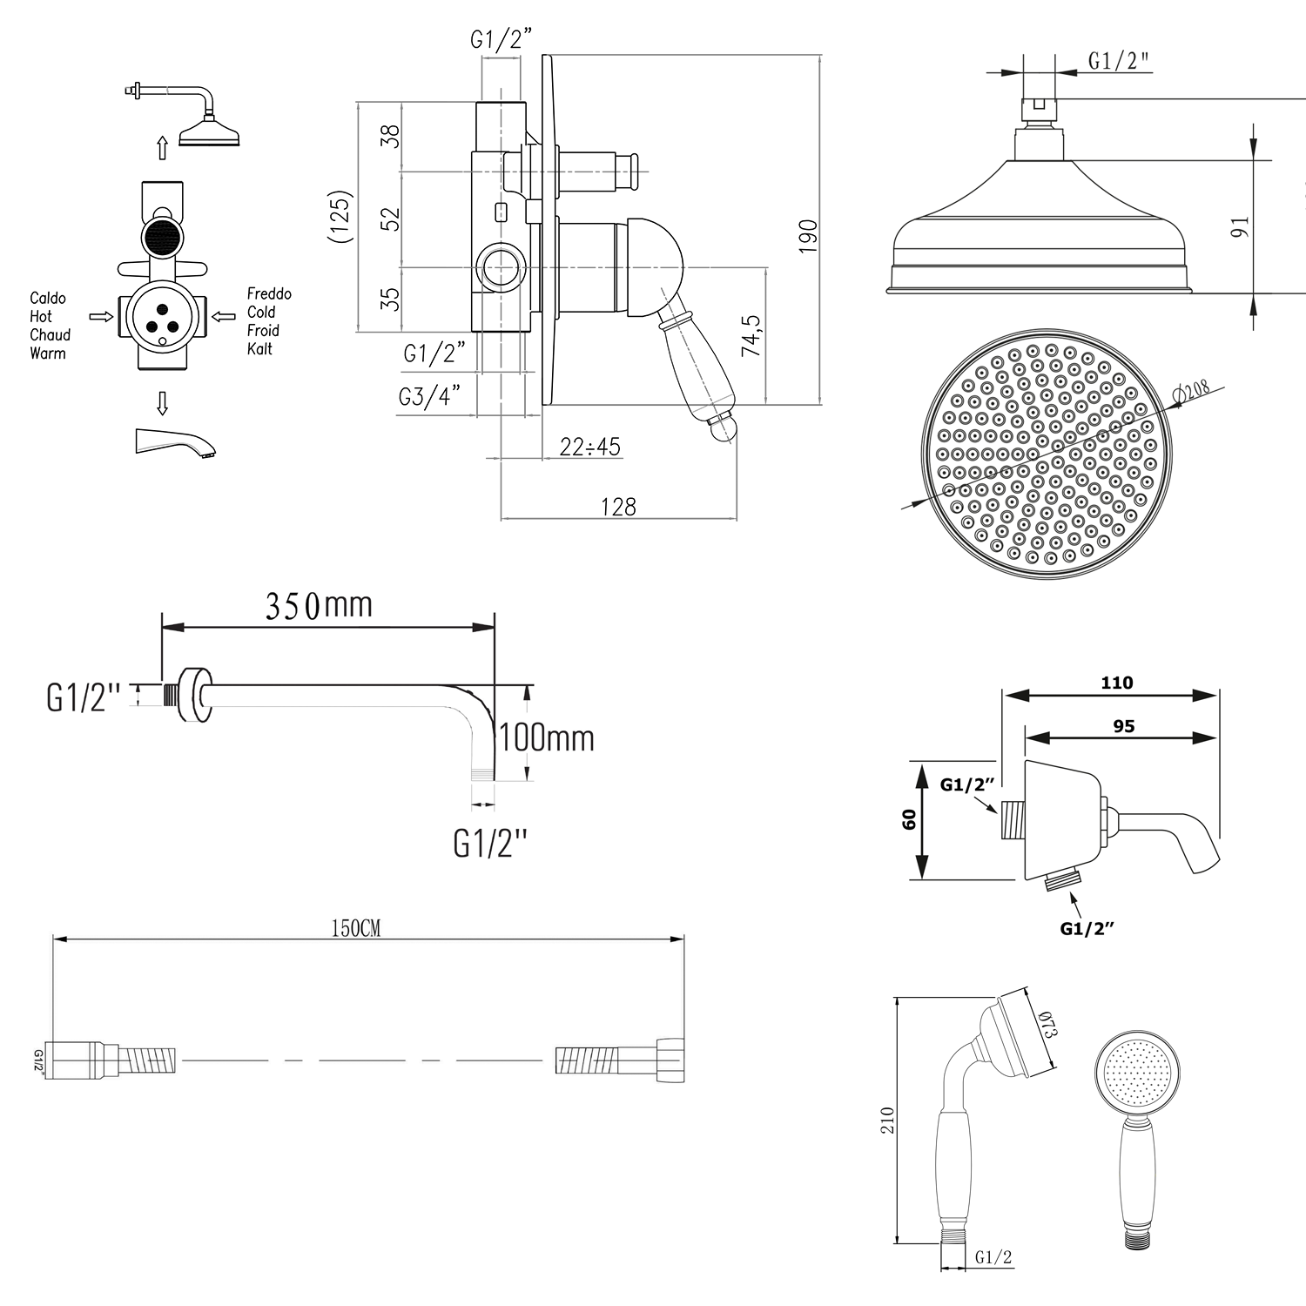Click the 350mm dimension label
tap(319, 605)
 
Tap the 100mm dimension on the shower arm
tap(547, 738)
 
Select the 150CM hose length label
tap(355, 928)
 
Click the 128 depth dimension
tap(618, 506)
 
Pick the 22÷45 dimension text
tap(590, 447)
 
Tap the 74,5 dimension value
tap(751, 335)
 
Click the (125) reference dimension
tap(341, 216)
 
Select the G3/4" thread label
tap(428, 396)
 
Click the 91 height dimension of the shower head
tap(1240, 226)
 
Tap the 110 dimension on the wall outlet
tap(1116, 683)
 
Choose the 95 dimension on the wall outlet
tap(1123, 726)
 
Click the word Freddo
tap(269, 293)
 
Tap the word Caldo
tap(48, 298)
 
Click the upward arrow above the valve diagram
tap(162, 147)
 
